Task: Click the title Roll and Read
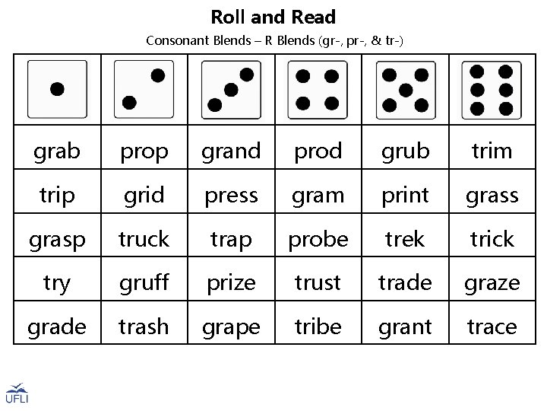273,17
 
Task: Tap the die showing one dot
57,89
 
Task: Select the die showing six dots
492,89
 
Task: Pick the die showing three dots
231,89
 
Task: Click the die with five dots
405,89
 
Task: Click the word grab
57,151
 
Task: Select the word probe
318,239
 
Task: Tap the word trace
492,327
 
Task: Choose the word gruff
144,284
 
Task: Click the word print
405,196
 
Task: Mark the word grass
492,196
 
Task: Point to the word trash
144,327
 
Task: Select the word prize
231,284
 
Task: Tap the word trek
405,239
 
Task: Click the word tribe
318,327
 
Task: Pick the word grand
231,151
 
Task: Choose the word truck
144,239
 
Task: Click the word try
57,284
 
